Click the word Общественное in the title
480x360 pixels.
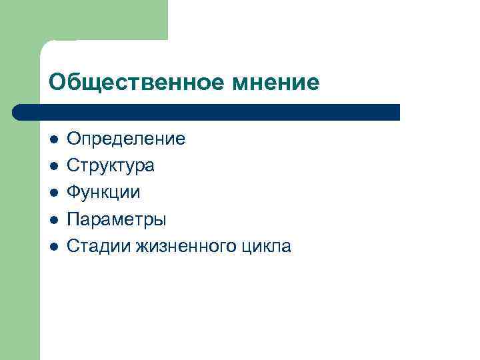click(x=137, y=82)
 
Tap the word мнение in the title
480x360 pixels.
click(x=276, y=82)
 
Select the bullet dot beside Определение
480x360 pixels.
click(x=54, y=139)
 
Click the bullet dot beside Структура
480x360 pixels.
click(x=54, y=166)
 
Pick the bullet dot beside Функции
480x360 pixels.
click(x=54, y=193)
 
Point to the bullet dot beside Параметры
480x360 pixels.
click(x=54, y=219)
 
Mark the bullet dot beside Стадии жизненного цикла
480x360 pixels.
click(x=54, y=246)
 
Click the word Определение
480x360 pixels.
click(x=126, y=139)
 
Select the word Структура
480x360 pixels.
click(x=111, y=166)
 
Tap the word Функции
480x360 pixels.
click(x=104, y=193)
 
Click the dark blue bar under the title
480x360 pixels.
click(x=207, y=111)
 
